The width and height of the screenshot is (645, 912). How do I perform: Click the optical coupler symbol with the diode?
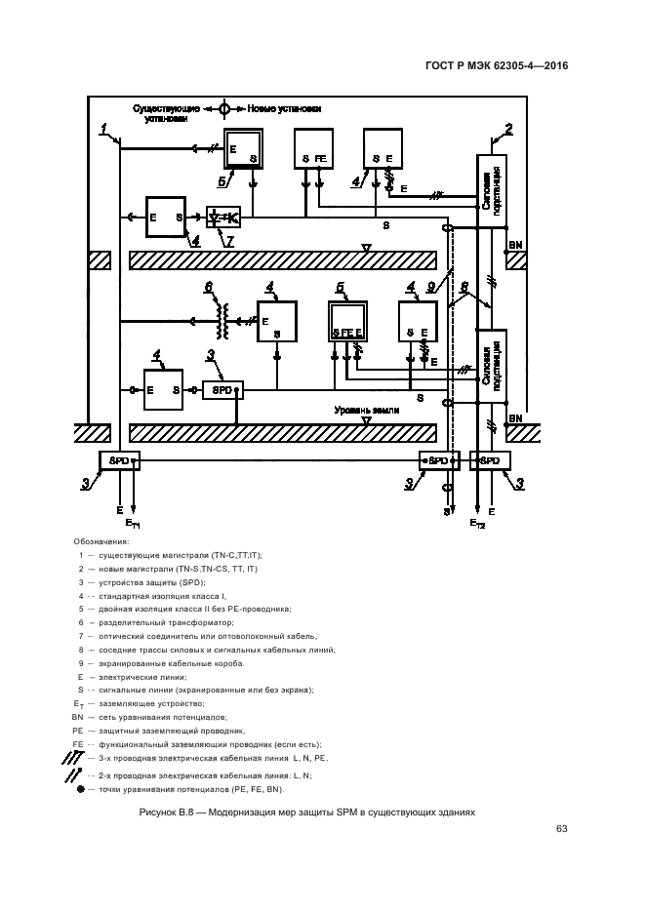[x=223, y=216]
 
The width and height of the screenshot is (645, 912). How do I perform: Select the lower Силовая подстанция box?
[x=491, y=365]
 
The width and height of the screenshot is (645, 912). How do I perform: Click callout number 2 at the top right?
[x=507, y=129]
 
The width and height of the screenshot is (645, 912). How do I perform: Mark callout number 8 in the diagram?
[x=464, y=287]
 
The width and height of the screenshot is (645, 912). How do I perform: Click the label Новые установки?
[x=285, y=108]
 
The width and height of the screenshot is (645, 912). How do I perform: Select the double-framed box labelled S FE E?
[x=347, y=322]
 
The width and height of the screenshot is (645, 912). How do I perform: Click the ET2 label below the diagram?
[x=477, y=524]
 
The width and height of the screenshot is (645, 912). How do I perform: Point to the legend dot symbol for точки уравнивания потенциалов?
[x=80, y=788]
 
